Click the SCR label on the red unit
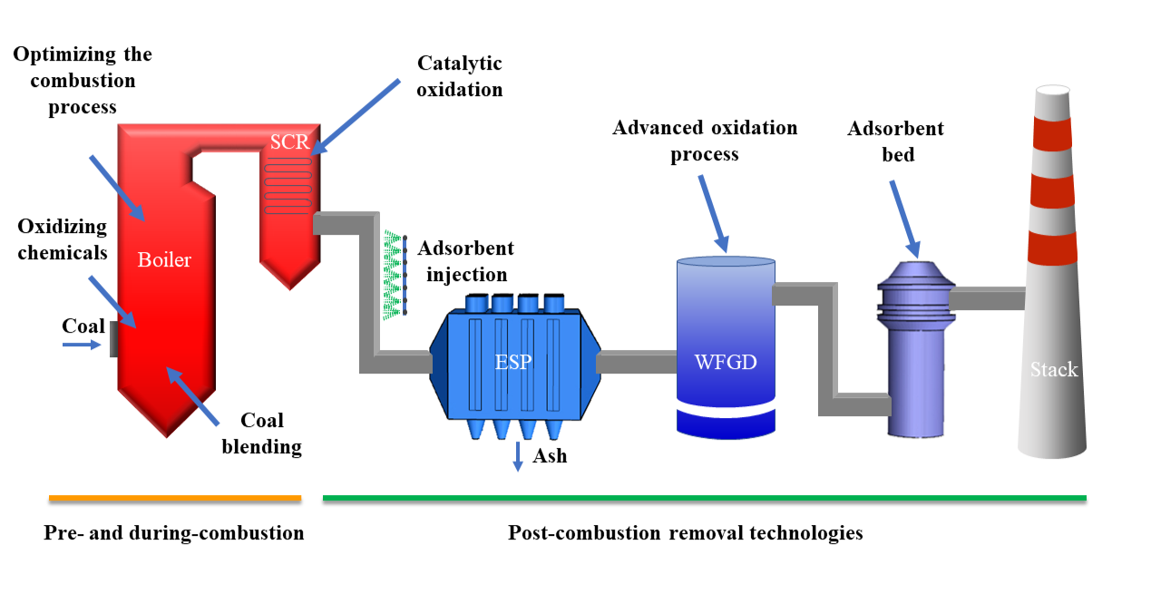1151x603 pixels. click(289, 142)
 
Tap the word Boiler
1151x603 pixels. click(164, 260)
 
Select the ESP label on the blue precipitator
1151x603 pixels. click(513, 363)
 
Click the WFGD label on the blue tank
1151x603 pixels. click(725, 363)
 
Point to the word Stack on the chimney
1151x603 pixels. click(1053, 369)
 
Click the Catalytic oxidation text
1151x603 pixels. click(459, 76)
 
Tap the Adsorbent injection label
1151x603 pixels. click(465, 260)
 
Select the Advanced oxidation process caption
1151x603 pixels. click(705, 141)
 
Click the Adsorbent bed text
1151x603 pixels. click(895, 141)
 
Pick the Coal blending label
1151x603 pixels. click(262, 433)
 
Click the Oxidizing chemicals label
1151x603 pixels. click(62, 239)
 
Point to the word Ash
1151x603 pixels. click(550, 455)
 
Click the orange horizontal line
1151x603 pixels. click(174, 498)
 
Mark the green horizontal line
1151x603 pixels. click(704, 498)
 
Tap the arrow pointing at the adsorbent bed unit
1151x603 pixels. click(904, 218)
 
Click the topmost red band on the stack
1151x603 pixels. click(1052, 134)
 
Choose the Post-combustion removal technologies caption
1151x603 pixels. click(685, 533)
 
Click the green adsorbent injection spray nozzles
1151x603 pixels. click(393, 273)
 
